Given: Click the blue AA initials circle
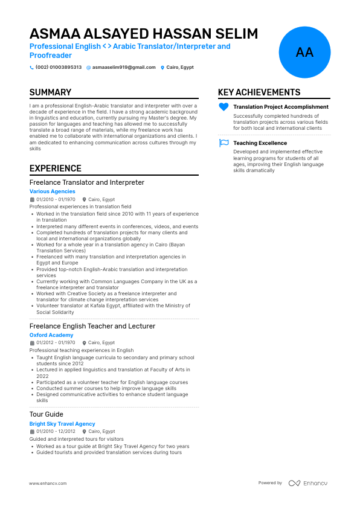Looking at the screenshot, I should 305,53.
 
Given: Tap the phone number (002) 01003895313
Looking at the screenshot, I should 58,68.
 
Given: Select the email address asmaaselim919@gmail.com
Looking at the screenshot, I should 123,68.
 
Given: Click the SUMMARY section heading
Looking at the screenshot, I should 50,92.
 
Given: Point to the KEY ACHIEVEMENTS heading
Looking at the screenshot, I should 259,92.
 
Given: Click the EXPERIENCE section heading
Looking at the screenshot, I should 56,168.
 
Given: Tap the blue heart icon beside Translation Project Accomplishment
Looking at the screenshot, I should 223,107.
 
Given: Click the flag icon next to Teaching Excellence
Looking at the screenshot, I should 223,143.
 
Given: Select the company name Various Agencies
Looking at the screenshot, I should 53,191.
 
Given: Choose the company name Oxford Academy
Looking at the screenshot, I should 51,335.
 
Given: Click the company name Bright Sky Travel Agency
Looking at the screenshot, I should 62,424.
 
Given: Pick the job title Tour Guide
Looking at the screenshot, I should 46,414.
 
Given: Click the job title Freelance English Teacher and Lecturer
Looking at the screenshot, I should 92,326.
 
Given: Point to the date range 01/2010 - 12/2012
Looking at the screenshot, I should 56,432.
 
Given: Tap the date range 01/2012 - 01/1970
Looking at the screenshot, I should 56,342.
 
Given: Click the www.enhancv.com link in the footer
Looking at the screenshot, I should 48,483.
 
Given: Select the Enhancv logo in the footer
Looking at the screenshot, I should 308,483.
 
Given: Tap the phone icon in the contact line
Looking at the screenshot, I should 32,68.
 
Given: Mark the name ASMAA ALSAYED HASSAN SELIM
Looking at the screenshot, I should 144,33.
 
